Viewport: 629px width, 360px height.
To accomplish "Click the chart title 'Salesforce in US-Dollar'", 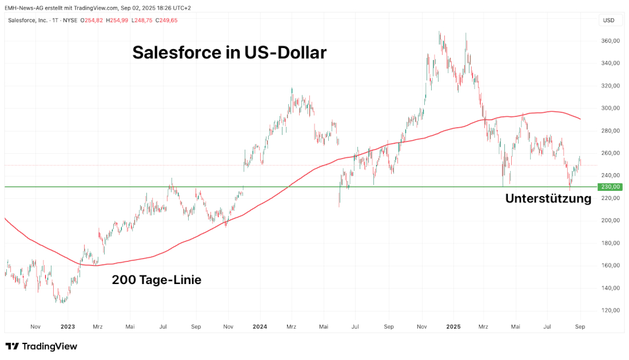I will (x=229, y=53).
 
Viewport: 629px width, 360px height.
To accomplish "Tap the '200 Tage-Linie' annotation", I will (x=156, y=280).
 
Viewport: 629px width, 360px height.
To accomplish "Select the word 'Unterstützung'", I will (x=548, y=199).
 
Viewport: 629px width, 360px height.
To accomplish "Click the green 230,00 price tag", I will (x=610, y=187).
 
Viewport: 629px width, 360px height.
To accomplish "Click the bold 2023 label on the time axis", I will (x=68, y=327).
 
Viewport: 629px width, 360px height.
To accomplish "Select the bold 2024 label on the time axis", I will (x=260, y=327).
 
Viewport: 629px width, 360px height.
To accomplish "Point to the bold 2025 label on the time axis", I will (x=453, y=327).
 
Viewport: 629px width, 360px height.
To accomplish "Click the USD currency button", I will (x=608, y=21).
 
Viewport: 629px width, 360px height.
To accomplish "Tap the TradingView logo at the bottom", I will (x=41, y=346).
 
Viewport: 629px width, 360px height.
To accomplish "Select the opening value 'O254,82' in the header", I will (x=91, y=21).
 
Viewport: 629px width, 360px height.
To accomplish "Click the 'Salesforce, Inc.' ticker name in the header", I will (x=28, y=21).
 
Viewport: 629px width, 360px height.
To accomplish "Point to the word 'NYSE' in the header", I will (x=70, y=21).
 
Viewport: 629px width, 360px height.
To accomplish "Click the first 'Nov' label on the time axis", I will (x=35, y=327).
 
